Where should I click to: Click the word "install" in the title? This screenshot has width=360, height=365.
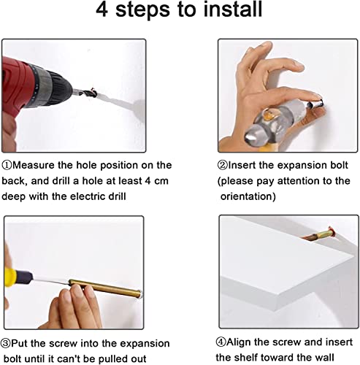click(233, 9)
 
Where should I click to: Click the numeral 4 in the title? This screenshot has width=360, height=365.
click(102, 9)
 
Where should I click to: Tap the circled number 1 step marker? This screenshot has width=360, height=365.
click(7, 166)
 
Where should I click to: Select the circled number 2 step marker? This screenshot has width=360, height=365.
click(222, 166)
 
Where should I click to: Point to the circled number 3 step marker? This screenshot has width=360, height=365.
click(5, 344)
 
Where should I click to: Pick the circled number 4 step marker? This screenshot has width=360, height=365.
click(221, 342)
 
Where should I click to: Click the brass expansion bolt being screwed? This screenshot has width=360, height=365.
click(105, 288)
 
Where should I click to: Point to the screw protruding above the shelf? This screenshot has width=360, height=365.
click(319, 234)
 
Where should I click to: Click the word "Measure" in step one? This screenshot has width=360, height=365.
click(34, 165)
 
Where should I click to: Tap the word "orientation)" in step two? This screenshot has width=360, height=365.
click(248, 196)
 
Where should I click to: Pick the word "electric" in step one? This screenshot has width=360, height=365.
click(89, 196)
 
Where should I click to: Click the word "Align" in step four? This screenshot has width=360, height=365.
click(239, 342)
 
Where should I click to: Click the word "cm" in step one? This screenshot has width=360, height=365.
click(161, 181)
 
